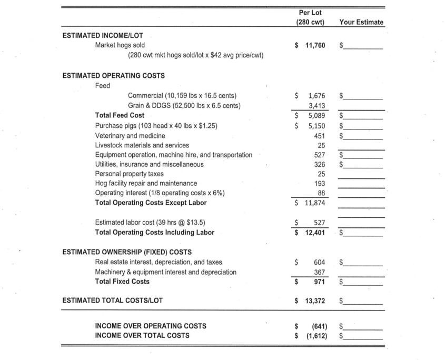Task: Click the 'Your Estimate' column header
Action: coord(361,22)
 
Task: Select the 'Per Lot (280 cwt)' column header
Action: coord(310,17)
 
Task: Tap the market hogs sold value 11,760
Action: coord(315,45)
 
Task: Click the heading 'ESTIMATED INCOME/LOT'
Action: coord(103,35)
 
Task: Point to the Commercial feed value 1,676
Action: coord(317,95)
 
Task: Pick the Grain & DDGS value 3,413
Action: coord(317,105)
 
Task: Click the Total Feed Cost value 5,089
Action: coord(317,115)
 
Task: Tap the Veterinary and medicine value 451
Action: coord(320,135)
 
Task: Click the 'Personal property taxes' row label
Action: coord(129,173)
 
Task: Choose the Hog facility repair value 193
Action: coord(320,183)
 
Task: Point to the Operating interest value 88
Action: coord(321,193)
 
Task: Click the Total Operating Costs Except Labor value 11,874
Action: coord(315,203)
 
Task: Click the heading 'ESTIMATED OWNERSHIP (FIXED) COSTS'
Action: coord(127,252)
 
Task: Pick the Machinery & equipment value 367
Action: coord(320,272)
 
